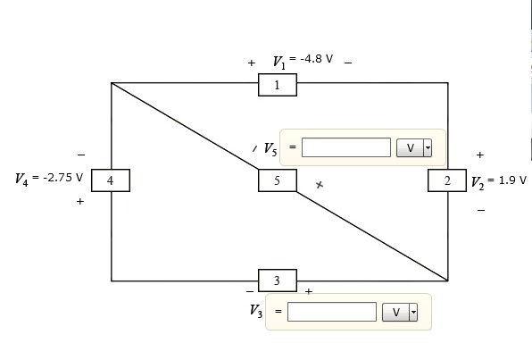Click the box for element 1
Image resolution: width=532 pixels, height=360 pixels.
(x=277, y=86)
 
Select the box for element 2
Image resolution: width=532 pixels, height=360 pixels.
(x=447, y=180)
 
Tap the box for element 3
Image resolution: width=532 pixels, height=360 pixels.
(x=277, y=280)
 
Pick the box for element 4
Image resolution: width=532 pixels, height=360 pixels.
(x=110, y=180)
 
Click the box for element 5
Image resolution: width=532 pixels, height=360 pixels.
(x=277, y=180)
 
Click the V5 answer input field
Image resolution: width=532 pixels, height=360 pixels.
(x=345, y=147)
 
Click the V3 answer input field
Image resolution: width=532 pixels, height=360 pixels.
(x=331, y=312)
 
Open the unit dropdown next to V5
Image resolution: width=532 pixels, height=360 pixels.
(x=413, y=147)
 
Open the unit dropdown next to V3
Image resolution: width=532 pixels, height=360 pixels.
(x=399, y=312)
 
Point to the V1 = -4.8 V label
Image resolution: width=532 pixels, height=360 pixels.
(x=303, y=62)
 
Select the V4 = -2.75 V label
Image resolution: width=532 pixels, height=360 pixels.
(x=49, y=179)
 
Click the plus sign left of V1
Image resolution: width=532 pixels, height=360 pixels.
(x=252, y=63)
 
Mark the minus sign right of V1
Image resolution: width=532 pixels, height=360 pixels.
(x=347, y=63)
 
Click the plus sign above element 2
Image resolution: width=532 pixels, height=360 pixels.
(x=480, y=155)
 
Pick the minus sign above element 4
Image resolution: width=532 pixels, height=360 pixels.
(x=81, y=154)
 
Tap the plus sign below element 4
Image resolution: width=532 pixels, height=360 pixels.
(x=80, y=202)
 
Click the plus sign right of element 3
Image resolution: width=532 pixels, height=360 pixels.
(x=309, y=291)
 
